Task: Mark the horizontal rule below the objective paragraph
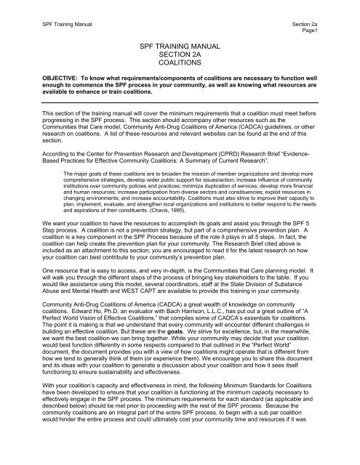[180, 105]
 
